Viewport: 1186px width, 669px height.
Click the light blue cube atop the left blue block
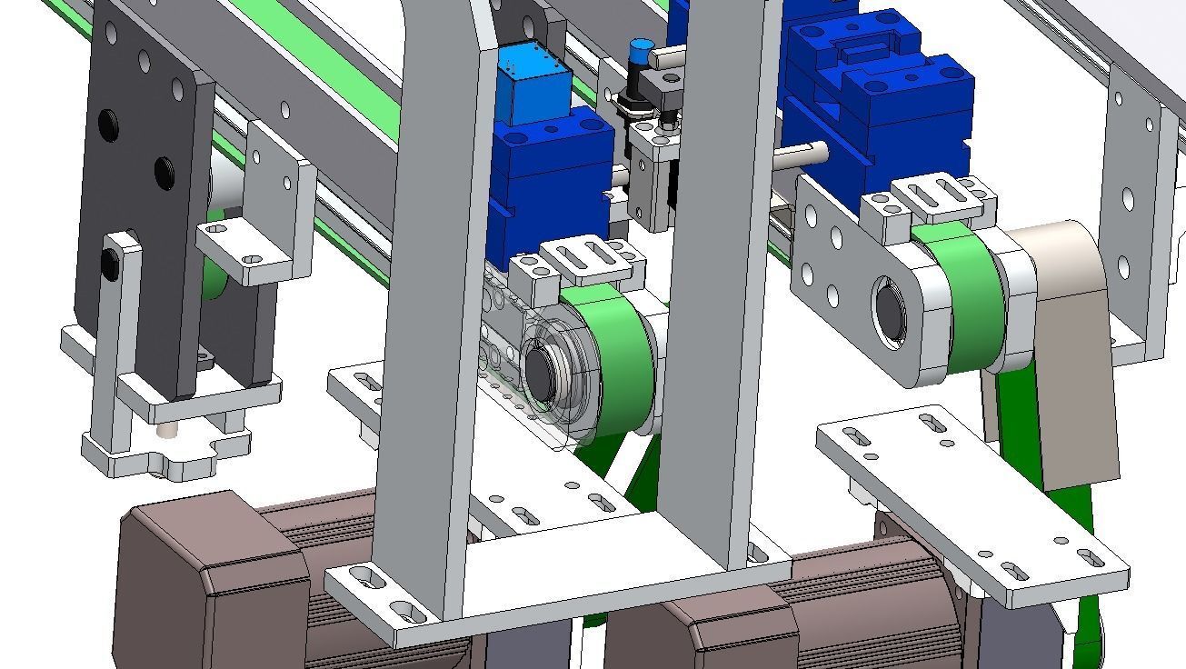[x=532, y=85]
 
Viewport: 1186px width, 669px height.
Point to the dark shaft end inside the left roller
[x=542, y=374]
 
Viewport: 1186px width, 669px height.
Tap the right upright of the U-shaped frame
[x=718, y=273]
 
